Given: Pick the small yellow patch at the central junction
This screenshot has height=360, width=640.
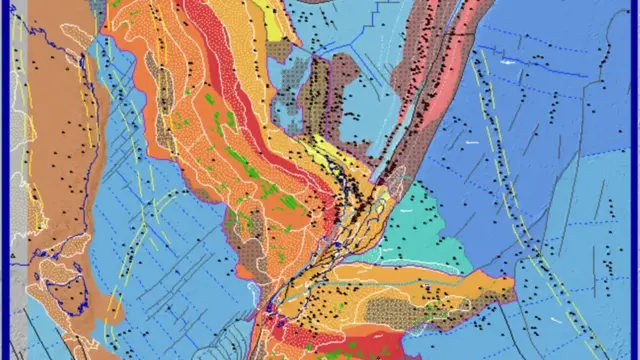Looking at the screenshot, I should (x=330, y=150).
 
